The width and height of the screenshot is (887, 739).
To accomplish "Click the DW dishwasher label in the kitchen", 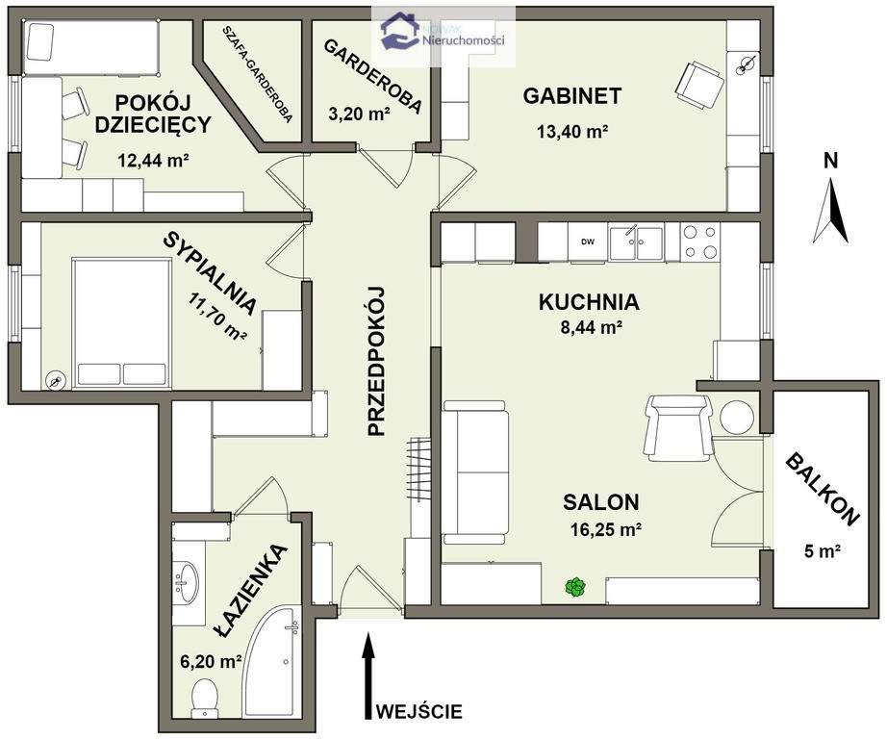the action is click(x=588, y=242).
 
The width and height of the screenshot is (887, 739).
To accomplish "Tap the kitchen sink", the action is click(x=637, y=243).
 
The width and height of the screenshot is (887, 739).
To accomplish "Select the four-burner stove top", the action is click(x=700, y=242).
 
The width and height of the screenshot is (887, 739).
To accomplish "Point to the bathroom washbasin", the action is click(x=187, y=582).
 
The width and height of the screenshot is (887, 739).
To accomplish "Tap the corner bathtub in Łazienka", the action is click(x=269, y=662).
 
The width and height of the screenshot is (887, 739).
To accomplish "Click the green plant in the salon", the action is click(x=576, y=587).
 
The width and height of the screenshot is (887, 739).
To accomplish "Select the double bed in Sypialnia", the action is click(x=121, y=323).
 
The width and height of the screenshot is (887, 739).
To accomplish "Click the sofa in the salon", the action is click(x=475, y=471).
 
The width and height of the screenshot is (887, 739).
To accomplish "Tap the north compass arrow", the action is click(x=830, y=210).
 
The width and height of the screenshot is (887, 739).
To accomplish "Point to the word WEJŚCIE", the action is click(x=419, y=711).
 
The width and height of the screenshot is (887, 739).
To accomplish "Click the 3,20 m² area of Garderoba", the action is click(x=359, y=115).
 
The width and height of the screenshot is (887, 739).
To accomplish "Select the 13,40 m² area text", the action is click(x=571, y=132).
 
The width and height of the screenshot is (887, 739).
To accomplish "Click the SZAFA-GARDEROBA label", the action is click(x=258, y=73).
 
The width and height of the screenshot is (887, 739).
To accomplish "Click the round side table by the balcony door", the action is click(x=737, y=418).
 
